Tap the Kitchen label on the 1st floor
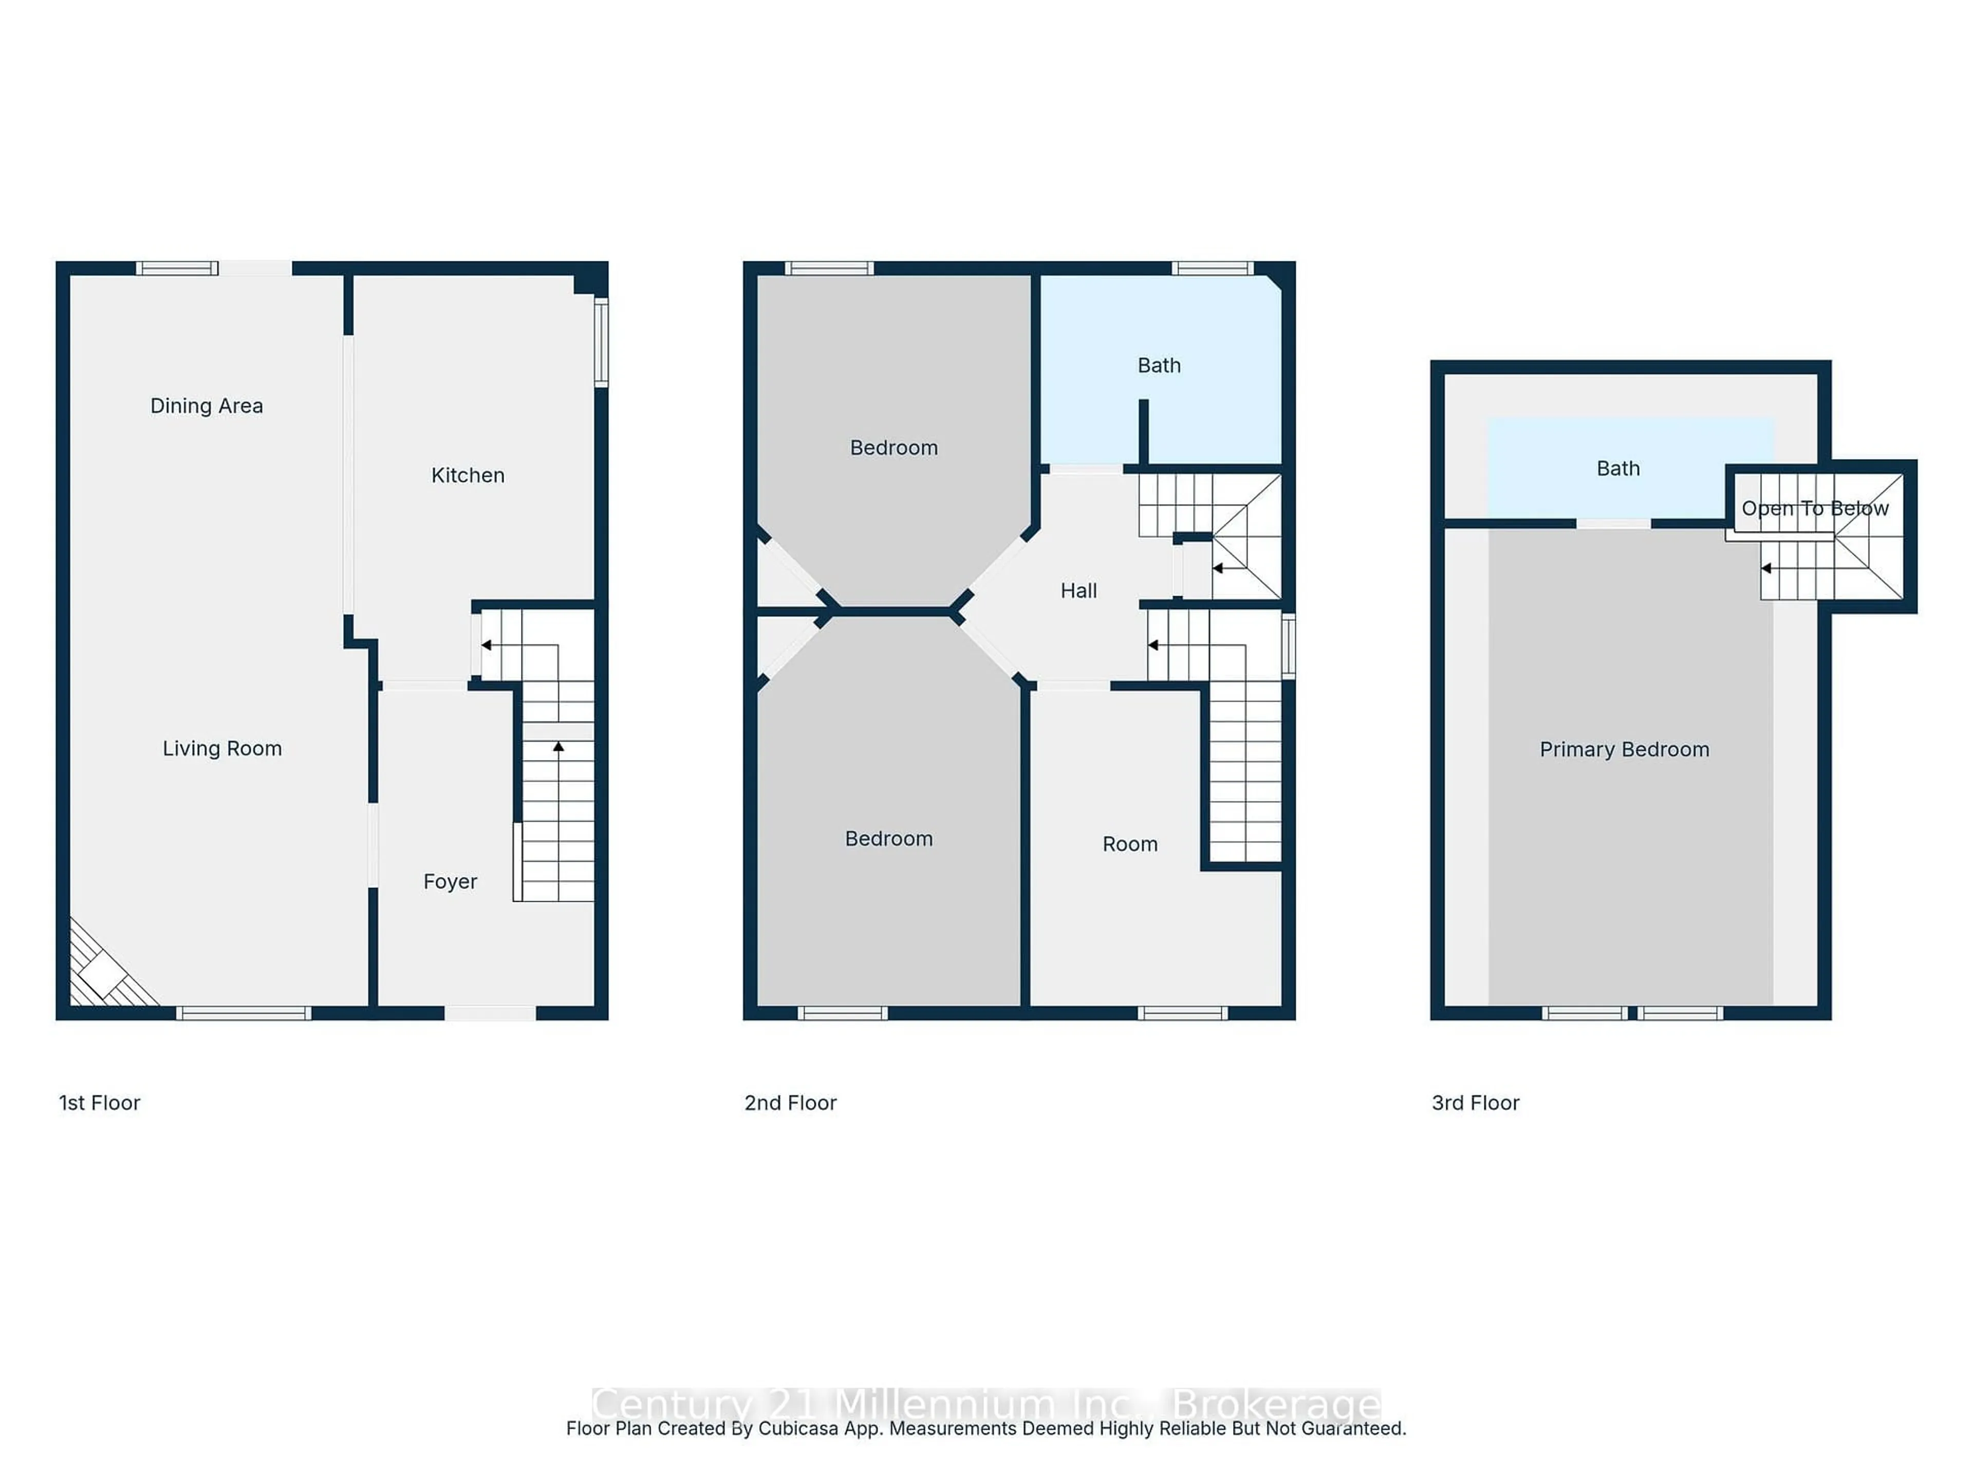click(x=468, y=475)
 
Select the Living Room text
click(x=222, y=748)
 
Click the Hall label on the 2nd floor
click(x=1078, y=590)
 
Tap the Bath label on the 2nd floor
click(x=1159, y=366)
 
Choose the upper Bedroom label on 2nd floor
click(x=894, y=447)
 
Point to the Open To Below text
click(x=1814, y=508)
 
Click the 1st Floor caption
click(x=99, y=1103)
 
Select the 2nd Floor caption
click(x=790, y=1103)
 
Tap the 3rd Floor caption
click(x=1475, y=1103)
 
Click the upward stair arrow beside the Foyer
click(x=559, y=747)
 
